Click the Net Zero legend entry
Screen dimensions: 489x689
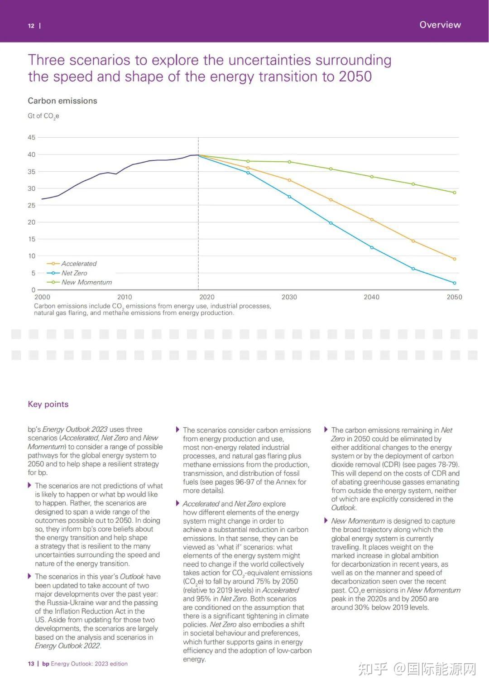pos(67,273)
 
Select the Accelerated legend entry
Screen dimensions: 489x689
pos(72,264)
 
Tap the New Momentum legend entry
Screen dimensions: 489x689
pos(79,282)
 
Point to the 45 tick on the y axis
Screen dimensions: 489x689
pos(32,137)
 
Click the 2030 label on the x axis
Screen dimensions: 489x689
pos(289,297)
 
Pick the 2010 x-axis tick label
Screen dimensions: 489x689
pos(125,297)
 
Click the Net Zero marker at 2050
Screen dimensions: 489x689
pos(455,283)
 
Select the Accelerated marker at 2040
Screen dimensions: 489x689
pos(372,220)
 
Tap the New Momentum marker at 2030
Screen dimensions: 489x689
pos(289,162)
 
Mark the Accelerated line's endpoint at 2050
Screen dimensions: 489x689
pos(455,259)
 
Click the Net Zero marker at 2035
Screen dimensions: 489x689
pos(331,223)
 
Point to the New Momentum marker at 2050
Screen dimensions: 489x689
pos(455,193)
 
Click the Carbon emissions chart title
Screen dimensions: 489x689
pos(62,101)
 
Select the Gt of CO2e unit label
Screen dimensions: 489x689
pos(43,116)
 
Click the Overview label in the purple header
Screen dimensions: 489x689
pos(440,24)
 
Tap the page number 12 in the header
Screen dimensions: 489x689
pos(31,26)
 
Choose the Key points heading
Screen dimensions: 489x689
pos(48,404)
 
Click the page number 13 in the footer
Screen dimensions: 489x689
pos(31,664)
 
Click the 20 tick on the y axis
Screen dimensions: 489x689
pos(32,222)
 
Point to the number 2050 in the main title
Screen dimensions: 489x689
pos(355,76)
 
